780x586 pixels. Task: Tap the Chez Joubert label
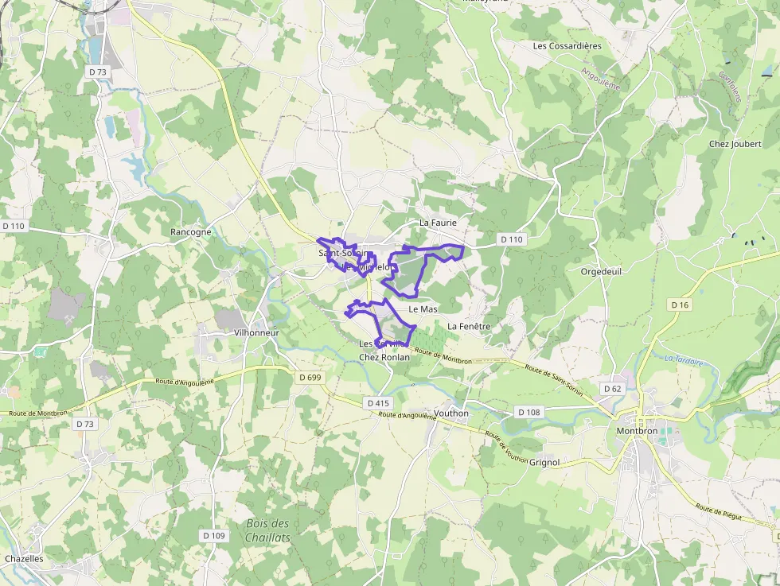[735, 144]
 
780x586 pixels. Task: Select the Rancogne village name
[191, 232]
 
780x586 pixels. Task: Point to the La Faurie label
[438, 223]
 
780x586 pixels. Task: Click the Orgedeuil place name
[600, 270]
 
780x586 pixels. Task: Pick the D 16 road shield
[679, 305]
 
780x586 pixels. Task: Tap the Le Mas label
[423, 309]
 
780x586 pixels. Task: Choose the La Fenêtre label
[469, 326]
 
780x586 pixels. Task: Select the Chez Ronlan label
[384, 357]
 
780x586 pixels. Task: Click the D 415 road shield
[379, 403]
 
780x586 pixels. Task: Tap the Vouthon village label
[451, 413]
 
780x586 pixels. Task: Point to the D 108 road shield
[528, 412]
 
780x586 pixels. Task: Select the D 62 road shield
[612, 389]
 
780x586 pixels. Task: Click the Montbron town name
[637, 431]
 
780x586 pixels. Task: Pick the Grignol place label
[544, 462]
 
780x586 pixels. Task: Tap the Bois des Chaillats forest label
[267, 530]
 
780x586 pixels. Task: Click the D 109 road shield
[214, 536]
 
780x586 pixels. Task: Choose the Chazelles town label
[24, 559]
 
